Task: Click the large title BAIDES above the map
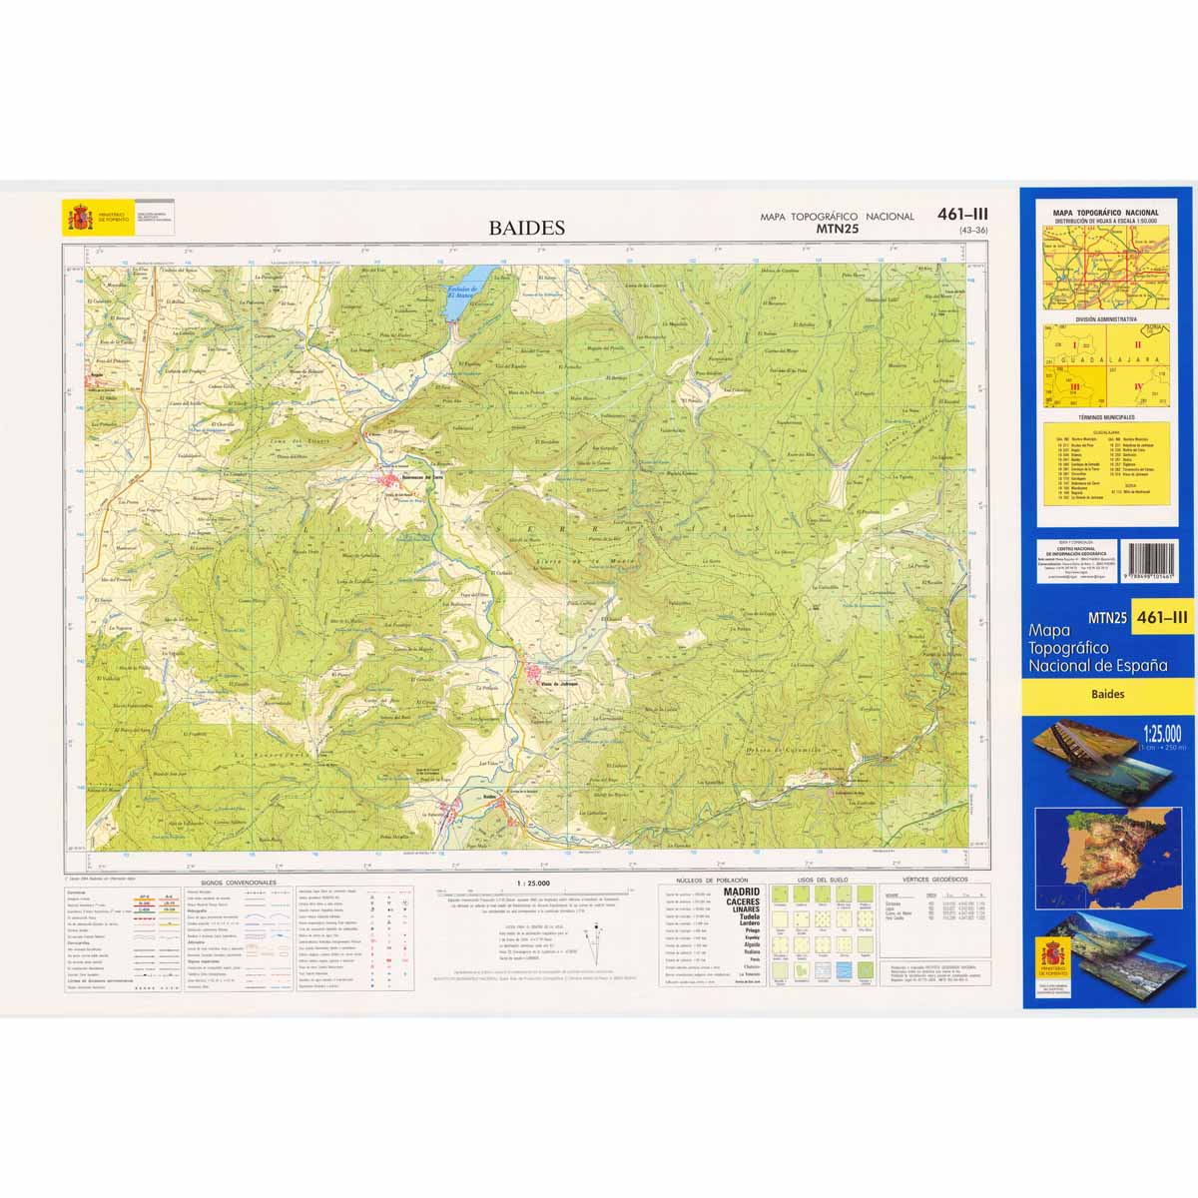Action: [526, 228]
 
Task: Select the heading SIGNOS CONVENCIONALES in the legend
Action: [238, 884]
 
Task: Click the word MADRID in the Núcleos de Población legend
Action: [741, 892]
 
